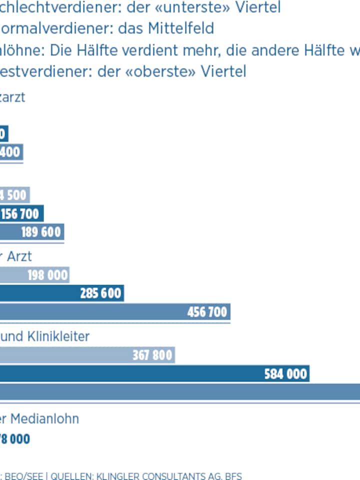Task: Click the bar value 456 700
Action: tap(207, 312)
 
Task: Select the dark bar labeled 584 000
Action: tap(285, 374)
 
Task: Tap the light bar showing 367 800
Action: tap(152, 355)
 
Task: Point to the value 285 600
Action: tap(100, 293)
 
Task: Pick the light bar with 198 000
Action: tap(46, 275)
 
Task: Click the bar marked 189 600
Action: tap(40, 232)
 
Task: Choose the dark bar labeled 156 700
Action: tap(20, 214)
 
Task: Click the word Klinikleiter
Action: tap(58, 336)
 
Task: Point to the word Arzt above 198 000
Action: tap(19, 256)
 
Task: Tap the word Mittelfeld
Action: tap(180, 28)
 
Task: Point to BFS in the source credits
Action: tap(233, 476)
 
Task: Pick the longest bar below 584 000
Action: tap(180, 391)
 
